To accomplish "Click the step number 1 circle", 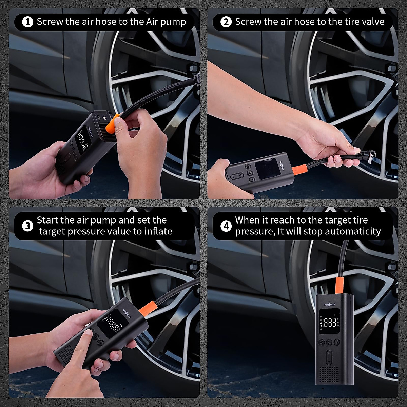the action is [x=28, y=22].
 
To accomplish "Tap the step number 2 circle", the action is [x=226, y=22].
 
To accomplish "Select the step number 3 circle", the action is [x=28, y=226].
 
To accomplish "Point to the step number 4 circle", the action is [x=226, y=226].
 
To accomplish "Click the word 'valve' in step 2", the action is [x=373, y=22].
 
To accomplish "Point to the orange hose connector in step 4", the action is [x=340, y=285].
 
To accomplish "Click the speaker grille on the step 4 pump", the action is [x=329, y=382].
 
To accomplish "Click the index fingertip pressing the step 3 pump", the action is [x=89, y=334].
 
